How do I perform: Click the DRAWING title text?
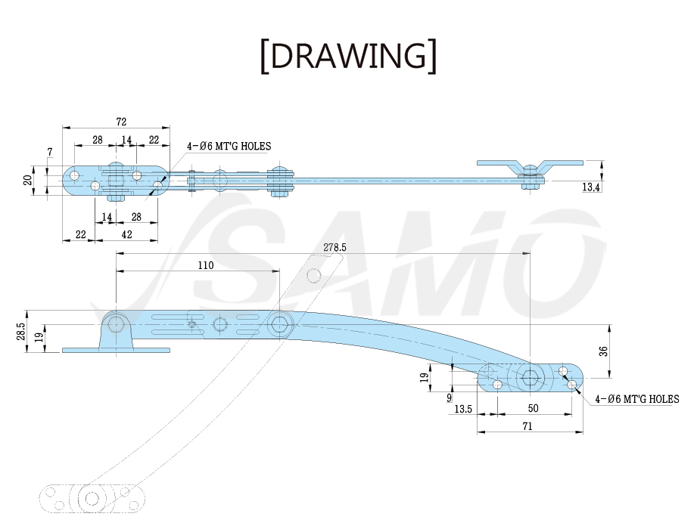348,55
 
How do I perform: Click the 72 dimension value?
121,122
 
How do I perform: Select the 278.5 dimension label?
334,247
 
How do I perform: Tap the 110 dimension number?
205,265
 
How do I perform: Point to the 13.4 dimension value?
591,187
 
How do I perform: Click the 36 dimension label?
603,351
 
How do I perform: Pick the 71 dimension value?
527,426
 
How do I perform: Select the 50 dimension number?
533,408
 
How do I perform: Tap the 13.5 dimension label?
463,409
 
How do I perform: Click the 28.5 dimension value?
20,331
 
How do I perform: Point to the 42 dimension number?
126,234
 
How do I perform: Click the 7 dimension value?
50,152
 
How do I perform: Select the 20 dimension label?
27,180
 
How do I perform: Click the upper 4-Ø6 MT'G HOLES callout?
229,146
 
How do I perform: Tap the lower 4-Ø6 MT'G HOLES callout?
637,399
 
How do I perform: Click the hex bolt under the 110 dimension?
279,325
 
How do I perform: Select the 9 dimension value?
449,398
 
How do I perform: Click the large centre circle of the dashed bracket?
92,499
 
